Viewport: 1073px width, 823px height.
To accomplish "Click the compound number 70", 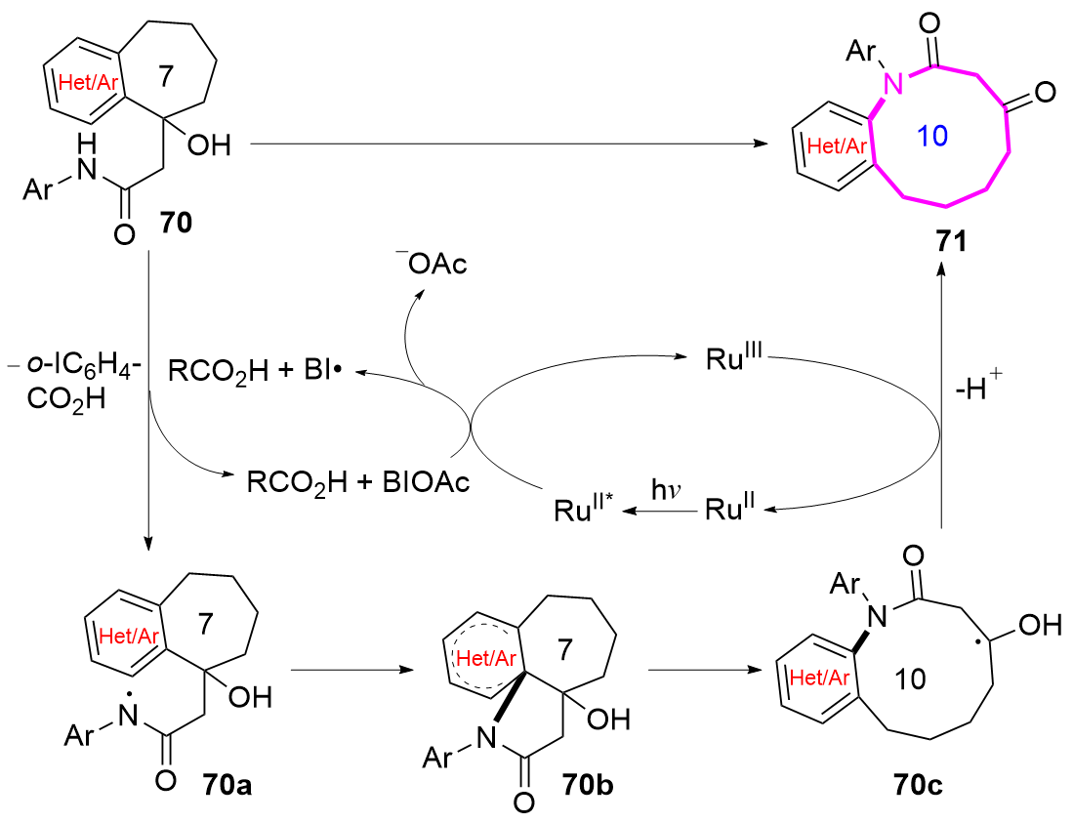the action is pyautogui.click(x=176, y=223).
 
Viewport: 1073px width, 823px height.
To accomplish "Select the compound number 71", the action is pyautogui.click(x=951, y=241).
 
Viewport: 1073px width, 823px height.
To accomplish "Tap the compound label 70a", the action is pyautogui.click(x=227, y=785).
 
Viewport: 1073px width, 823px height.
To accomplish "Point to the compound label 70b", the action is pyautogui.click(x=588, y=785).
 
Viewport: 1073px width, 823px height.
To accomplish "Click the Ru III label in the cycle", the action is pyautogui.click(x=733, y=357).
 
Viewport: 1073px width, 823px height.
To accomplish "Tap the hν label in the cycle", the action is pyautogui.click(x=665, y=490).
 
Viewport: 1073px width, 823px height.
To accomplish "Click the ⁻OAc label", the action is pyautogui.click(x=432, y=262).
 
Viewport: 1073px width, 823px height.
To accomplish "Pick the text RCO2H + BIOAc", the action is pyautogui.click(x=358, y=483).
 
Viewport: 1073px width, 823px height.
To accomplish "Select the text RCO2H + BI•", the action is pyautogui.click(x=255, y=372).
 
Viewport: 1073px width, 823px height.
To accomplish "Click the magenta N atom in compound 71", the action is pyautogui.click(x=892, y=84).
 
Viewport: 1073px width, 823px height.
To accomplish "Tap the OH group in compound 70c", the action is pyautogui.click(x=1040, y=624).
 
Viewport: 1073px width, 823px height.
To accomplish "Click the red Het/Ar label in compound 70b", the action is pyautogui.click(x=486, y=658).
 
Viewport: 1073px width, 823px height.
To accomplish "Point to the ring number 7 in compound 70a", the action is pyautogui.click(x=205, y=623).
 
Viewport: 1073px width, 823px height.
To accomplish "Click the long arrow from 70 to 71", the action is pyautogui.click(x=509, y=144).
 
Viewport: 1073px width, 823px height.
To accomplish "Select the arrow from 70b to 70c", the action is pyautogui.click(x=704, y=670).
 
